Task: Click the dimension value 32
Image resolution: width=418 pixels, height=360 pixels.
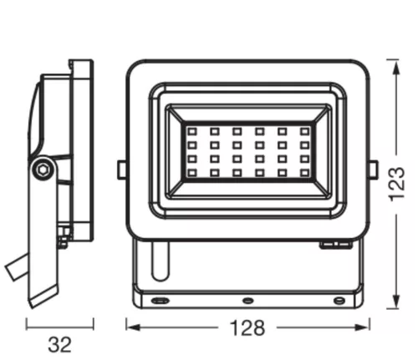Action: click(59, 342)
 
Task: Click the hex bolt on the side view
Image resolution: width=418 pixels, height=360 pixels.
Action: click(42, 169)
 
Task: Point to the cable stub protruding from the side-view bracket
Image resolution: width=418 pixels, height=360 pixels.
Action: click(13, 269)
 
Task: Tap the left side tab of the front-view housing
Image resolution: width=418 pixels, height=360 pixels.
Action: click(122, 170)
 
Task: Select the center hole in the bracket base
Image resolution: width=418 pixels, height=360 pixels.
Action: click(247, 299)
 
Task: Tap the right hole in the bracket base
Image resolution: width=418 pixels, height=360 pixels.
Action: click(338, 299)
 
